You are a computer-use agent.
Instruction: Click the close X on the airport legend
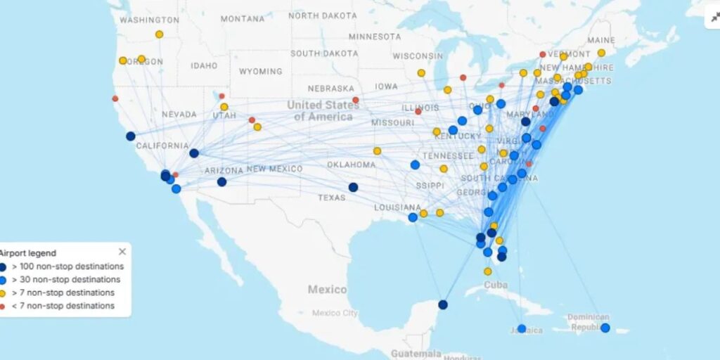point(122,252)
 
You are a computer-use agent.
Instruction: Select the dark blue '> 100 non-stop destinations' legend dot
point(3,267)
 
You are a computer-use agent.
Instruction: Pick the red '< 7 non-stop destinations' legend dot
point(3,307)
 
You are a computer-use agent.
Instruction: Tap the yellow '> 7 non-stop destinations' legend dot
point(3,293)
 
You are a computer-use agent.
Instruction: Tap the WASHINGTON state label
point(149,20)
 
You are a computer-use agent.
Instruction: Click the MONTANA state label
point(242,19)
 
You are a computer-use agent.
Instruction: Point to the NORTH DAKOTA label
point(323,15)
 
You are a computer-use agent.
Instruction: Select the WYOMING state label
point(260,72)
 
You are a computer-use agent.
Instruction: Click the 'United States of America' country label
point(323,110)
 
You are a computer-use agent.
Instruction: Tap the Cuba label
point(495,285)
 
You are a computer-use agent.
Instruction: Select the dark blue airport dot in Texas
point(353,187)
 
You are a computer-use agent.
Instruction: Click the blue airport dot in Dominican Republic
point(605,328)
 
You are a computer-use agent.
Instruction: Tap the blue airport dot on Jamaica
point(521,328)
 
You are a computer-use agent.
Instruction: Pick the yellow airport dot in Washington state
point(159,34)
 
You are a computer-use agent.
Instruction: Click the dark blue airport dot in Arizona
point(221,182)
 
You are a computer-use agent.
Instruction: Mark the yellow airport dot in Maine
point(601,53)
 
